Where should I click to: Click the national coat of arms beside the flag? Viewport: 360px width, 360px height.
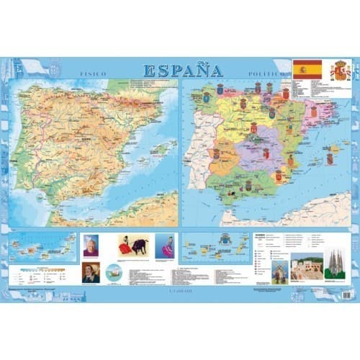click(x=339, y=71)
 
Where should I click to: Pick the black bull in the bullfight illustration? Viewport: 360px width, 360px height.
click(x=138, y=246)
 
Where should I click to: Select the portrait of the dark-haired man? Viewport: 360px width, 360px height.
click(x=91, y=272)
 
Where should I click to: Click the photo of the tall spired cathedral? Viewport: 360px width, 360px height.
click(x=333, y=268)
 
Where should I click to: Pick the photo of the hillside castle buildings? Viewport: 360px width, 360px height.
click(x=306, y=269)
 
